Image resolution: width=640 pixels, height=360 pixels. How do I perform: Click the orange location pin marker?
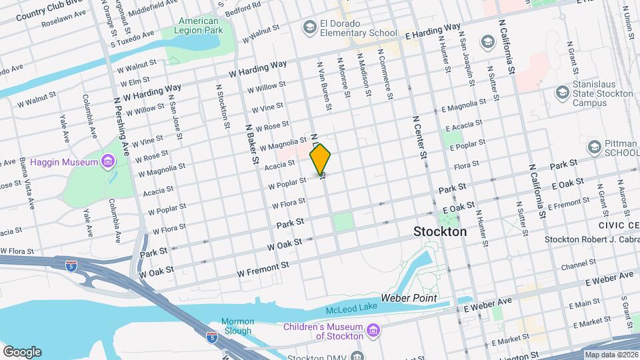tap(321, 159)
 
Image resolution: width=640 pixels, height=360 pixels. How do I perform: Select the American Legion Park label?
tap(199, 25)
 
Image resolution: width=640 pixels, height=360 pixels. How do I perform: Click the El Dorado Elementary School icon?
tap(309, 27)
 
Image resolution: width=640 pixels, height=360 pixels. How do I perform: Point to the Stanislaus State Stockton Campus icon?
tap(562, 92)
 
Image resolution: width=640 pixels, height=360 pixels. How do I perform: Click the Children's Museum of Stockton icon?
tap(373, 331)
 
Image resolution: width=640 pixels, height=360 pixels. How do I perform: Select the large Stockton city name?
tap(440, 232)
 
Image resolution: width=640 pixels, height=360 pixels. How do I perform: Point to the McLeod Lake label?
tap(351, 309)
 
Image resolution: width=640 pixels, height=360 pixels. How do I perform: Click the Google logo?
tap(22, 352)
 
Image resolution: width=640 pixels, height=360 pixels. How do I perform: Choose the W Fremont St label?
tap(263, 269)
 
